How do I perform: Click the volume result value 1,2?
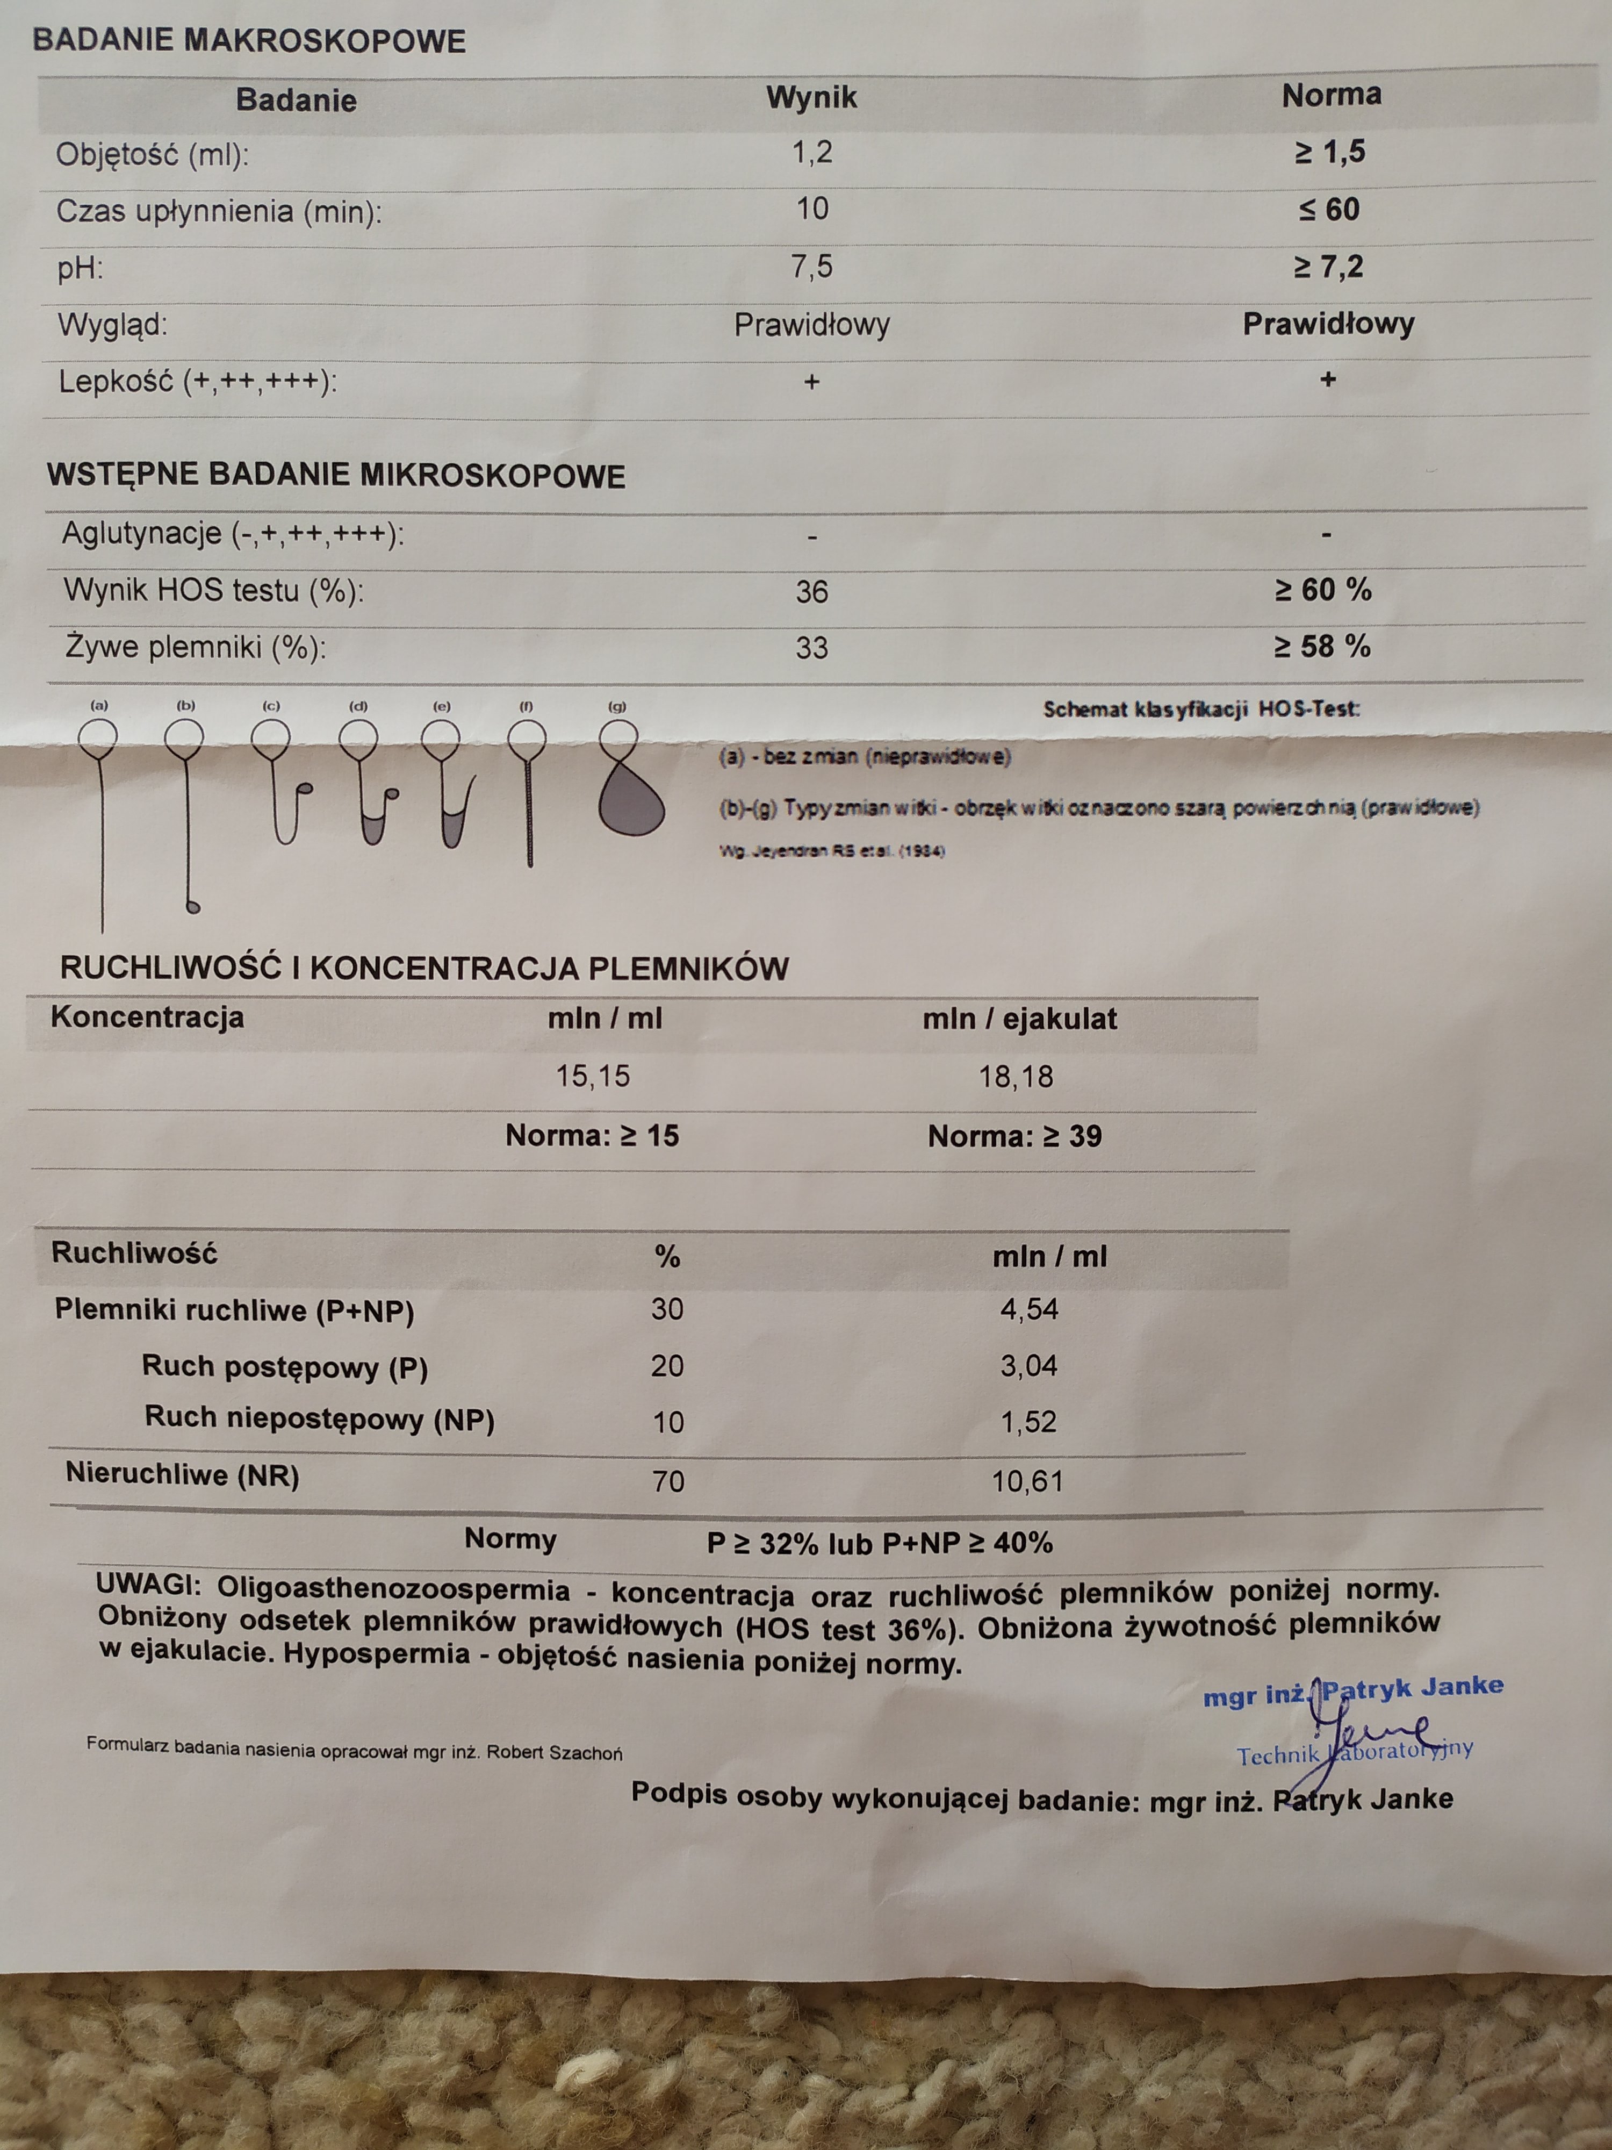pos(812,153)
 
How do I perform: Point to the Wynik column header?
pos(811,97)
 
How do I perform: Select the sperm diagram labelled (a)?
pos(99,816)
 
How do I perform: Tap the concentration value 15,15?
pos(593,1076)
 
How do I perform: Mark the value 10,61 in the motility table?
pos(1027,1481)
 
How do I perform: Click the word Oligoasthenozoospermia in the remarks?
pos(393,1590)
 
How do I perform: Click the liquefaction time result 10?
pos(812,209)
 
